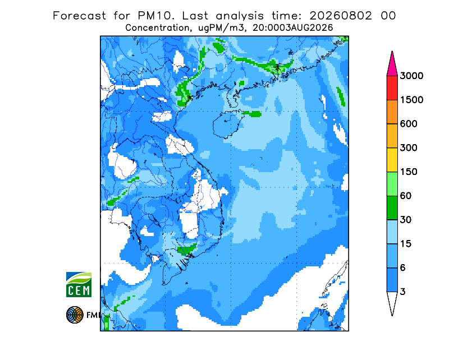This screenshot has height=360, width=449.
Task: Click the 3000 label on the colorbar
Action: click(411, 76)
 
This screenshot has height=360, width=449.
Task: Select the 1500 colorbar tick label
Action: click(411, 100)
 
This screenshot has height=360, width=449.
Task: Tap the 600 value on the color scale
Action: click(409, 124)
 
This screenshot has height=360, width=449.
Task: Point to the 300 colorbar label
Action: click(409, 148)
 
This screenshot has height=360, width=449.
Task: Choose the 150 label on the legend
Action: click(409, 172)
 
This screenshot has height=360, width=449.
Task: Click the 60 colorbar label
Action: click(406, 196)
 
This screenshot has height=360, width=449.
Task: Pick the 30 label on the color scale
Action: click(406, 220)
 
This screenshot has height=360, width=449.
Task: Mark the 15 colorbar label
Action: click(406, 244)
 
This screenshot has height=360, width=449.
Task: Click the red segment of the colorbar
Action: click(392, 88)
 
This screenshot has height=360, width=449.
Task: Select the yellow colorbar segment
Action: click(392, 160)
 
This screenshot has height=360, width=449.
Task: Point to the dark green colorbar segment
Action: click(392, 208)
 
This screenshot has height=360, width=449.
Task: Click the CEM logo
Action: click(79, 284)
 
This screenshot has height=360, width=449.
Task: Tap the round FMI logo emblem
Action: click(75, 315)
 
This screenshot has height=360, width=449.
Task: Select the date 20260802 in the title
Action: click(341, 16)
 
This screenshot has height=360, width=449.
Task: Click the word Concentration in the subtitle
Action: click(157, 28)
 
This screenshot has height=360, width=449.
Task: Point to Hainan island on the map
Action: click(227, 124)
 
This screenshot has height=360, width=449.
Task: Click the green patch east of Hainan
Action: click(252, 114)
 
